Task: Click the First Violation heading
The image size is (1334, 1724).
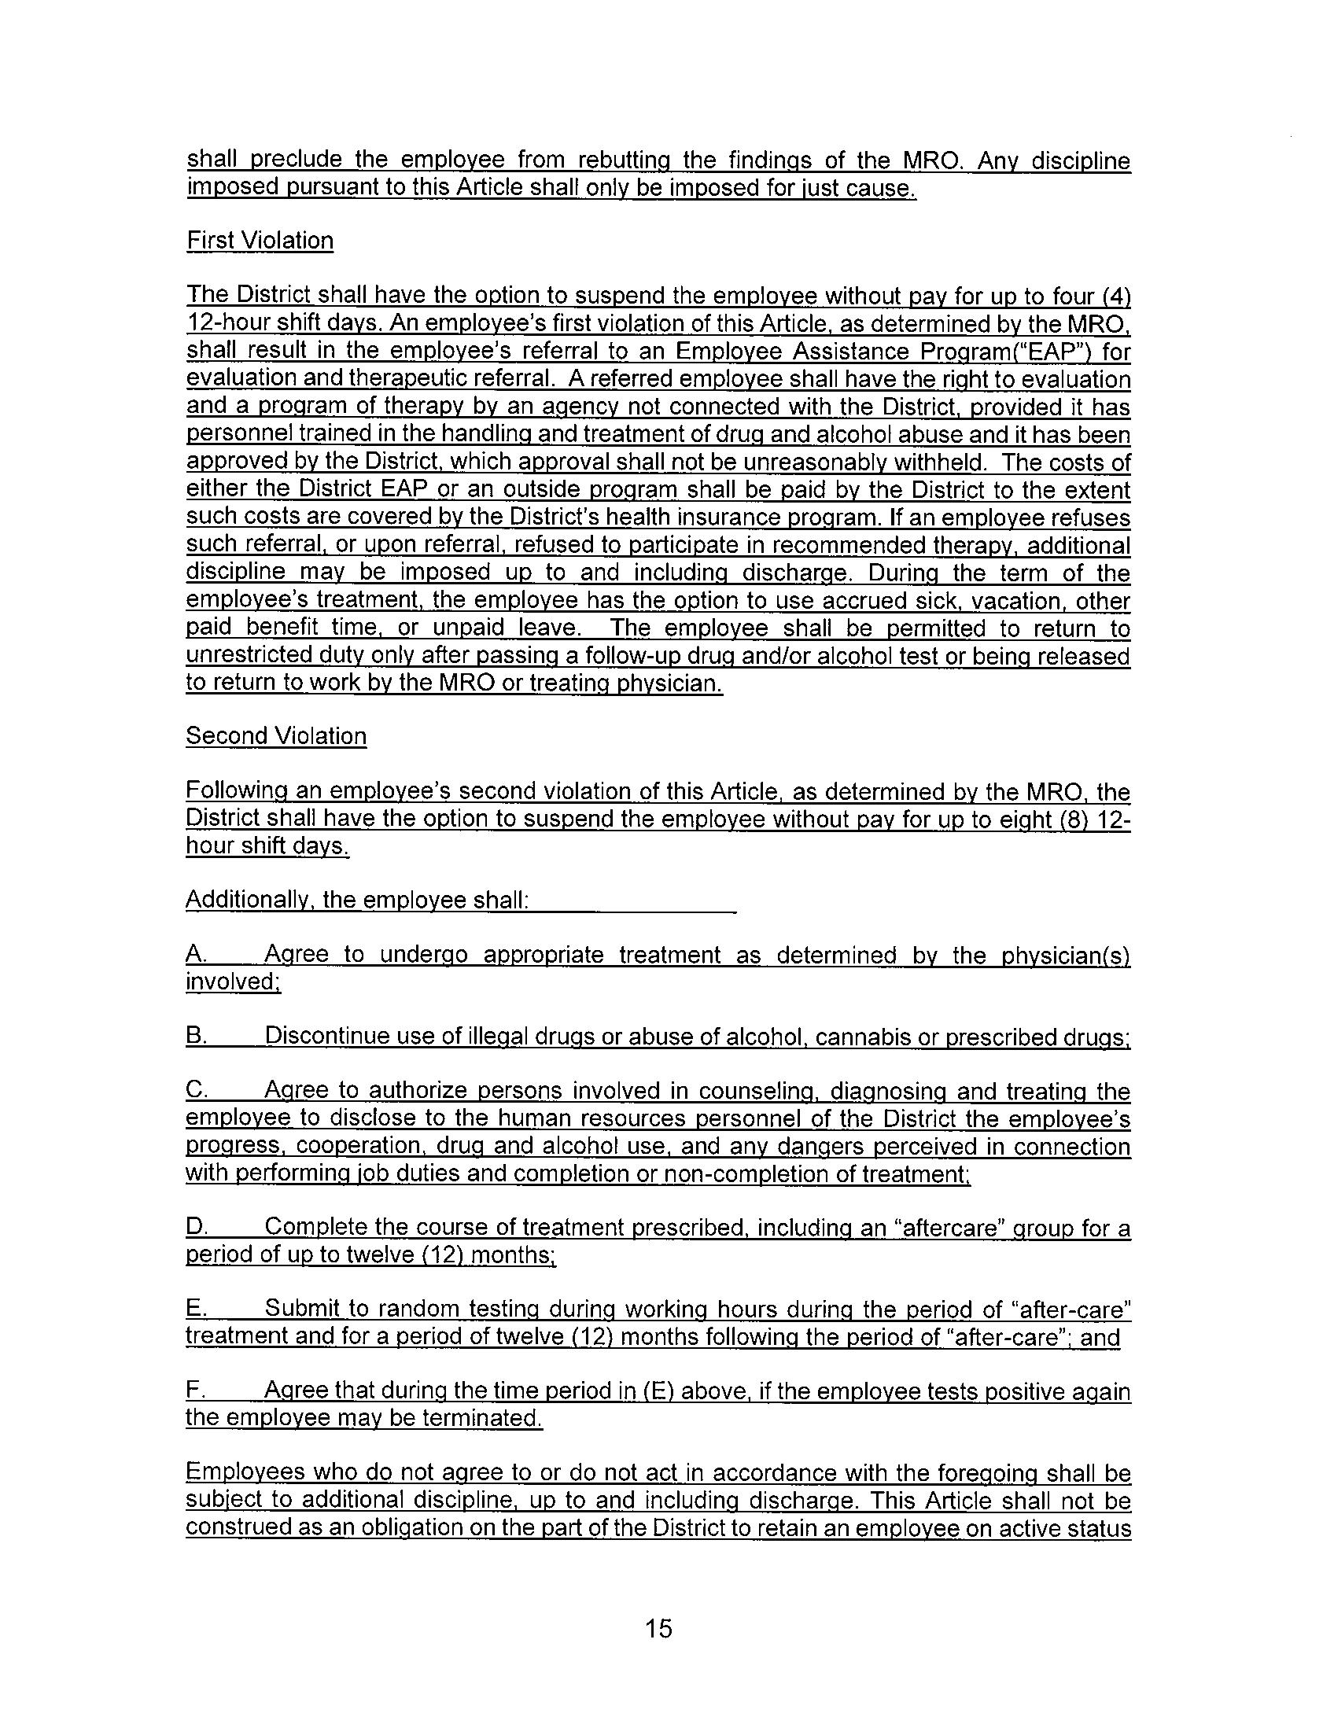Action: (260, 241)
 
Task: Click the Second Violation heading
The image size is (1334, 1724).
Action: (275, 735)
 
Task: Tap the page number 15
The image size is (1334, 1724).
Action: (658, 1629)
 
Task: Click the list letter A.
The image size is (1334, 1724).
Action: (195, 955)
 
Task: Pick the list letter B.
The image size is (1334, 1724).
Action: (195, 1036)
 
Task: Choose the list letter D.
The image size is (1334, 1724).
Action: (195, 1227)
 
